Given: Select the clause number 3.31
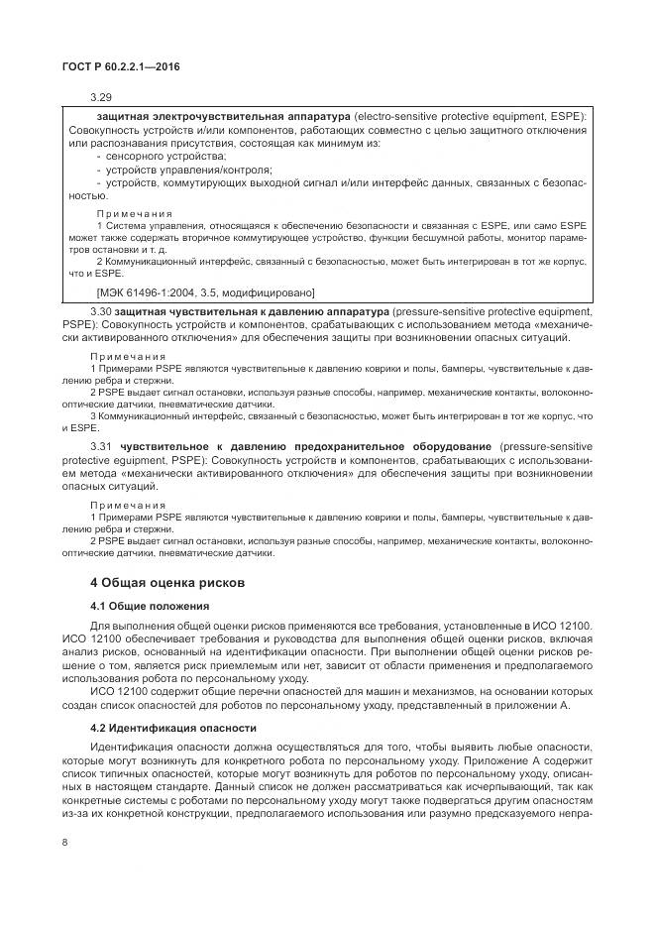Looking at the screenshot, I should [102, 447].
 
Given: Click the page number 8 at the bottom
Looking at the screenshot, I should [64, 842].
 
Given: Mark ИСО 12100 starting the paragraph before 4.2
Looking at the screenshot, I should [118, 691].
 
